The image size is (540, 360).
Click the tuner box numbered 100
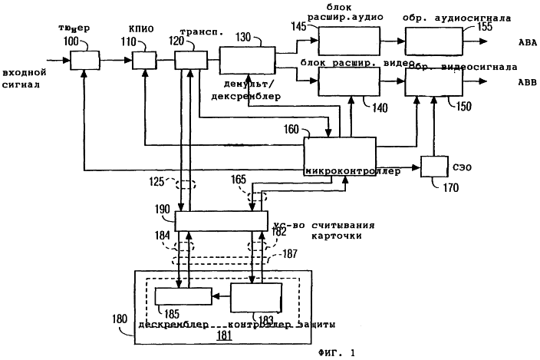coord(85,58)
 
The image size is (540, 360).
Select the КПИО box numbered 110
coord(143,58)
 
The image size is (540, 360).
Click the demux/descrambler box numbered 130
coord(247,58)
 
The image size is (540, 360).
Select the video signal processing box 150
coord(435,80)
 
